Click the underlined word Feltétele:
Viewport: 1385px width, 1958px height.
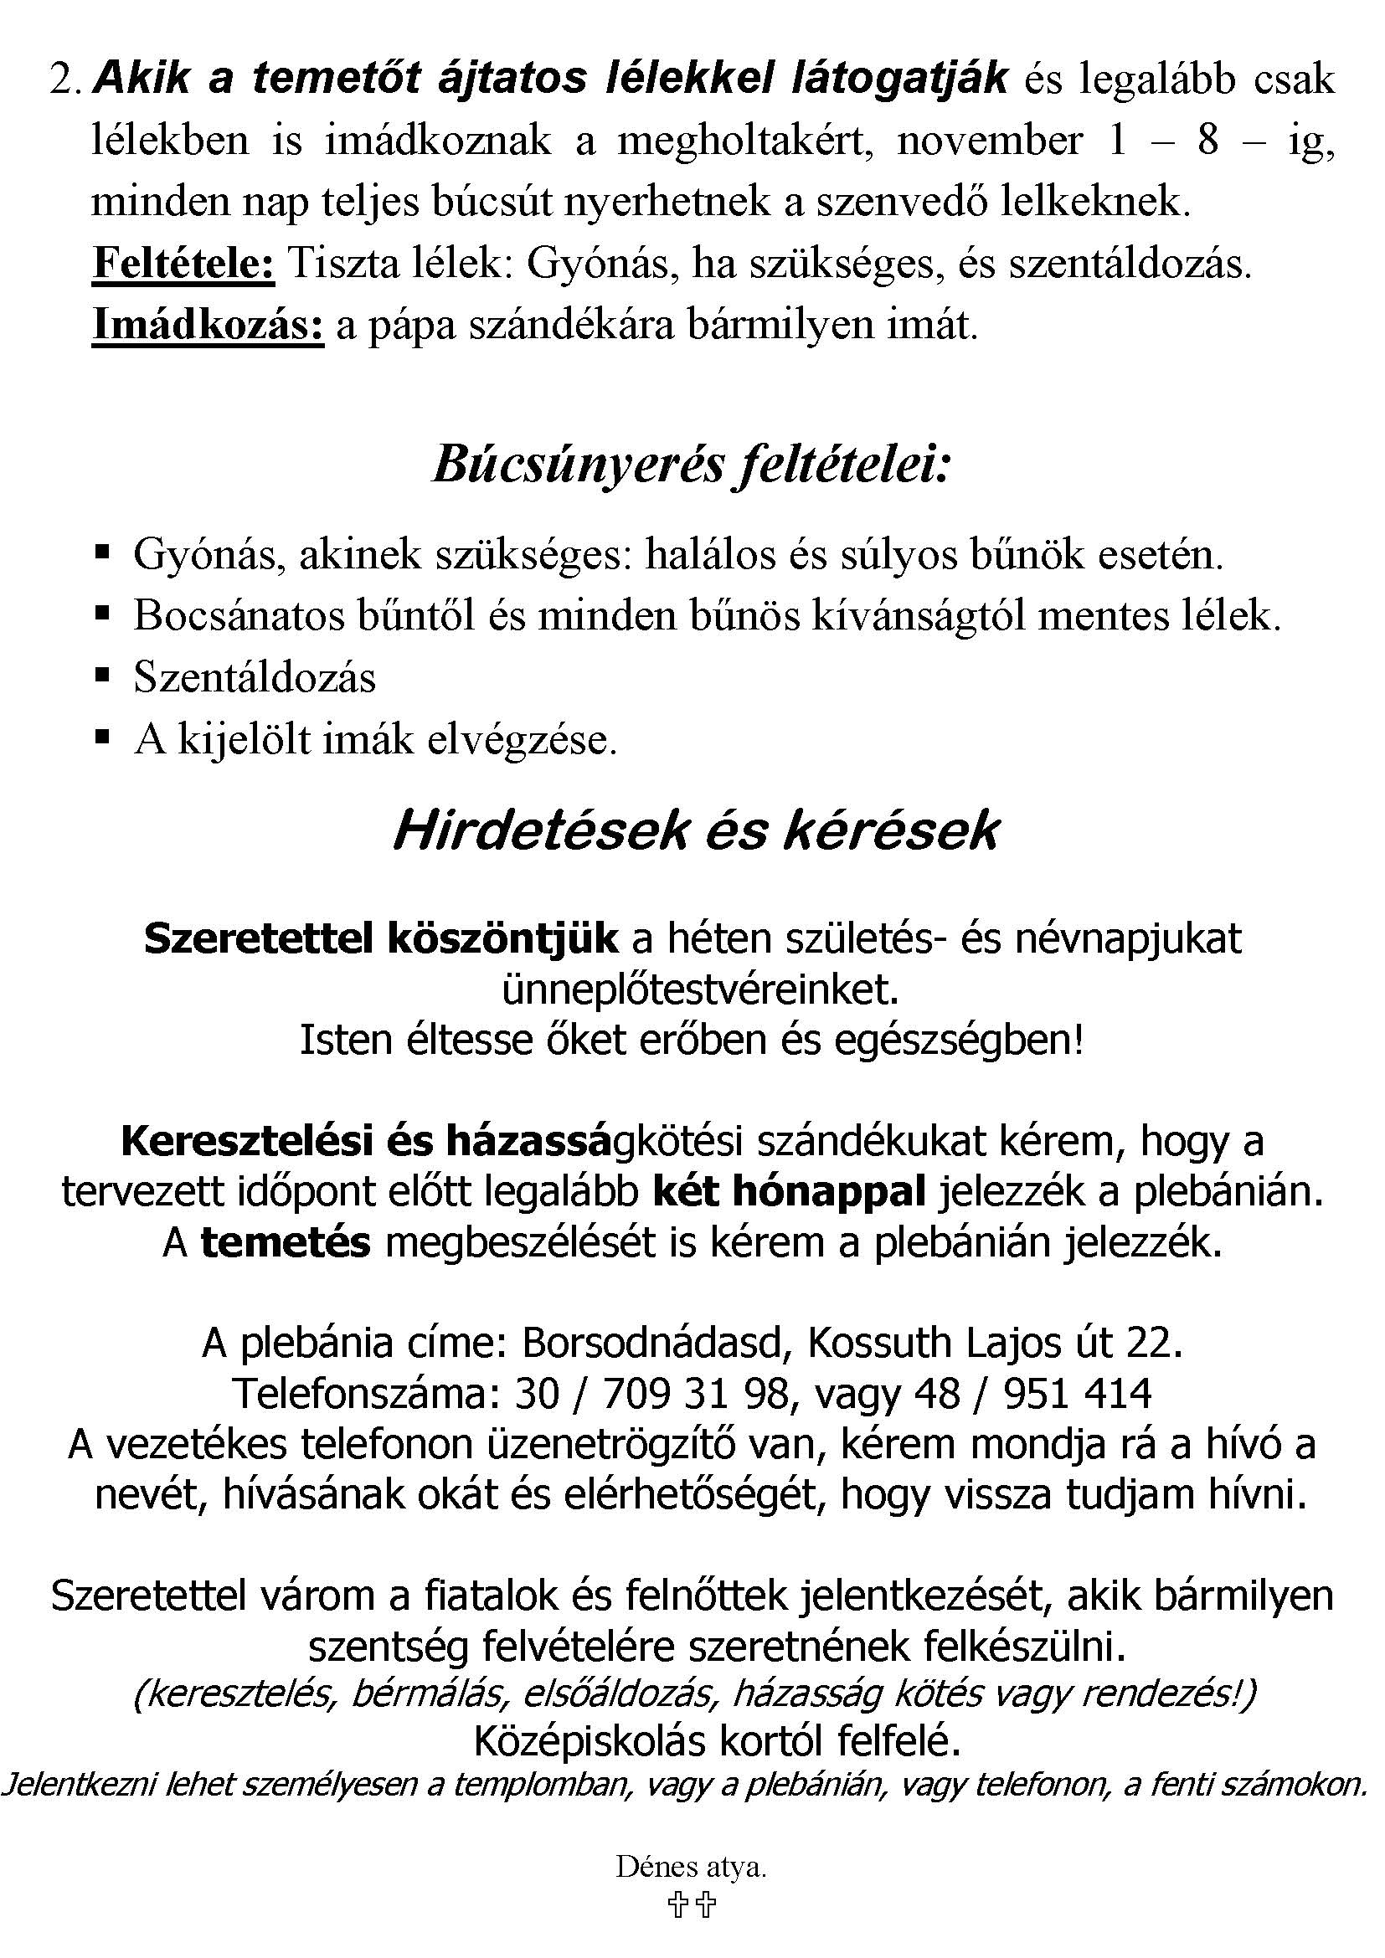pyautogui.click(x=183, y=265)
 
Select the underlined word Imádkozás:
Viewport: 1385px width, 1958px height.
pyautogui.click(x=209, y=326)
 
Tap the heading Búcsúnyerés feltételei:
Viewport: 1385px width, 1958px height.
pyautogui.click(x=691, y=466)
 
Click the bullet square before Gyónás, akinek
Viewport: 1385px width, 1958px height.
pyautogui.click(x=103, y=553)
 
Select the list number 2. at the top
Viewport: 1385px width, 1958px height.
pyautogui.click(x=68, y=80)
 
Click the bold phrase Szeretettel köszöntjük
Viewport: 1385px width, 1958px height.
pyautogui.click(x=380, y=939)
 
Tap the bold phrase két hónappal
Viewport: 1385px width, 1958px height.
pyautogui.click(x=789, y=1191)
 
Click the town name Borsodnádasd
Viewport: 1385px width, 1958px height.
pyautogui.click(x=652, y=1343)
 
